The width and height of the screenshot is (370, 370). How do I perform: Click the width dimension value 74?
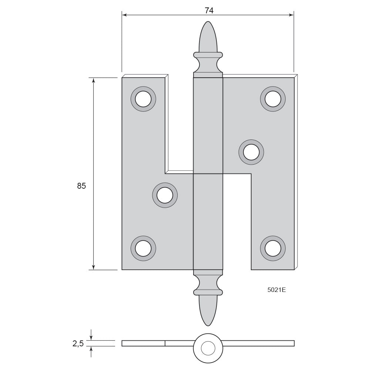coord(209,11)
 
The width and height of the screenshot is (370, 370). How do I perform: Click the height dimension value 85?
coord(81,186)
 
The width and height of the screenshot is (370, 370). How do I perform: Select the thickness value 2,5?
coord(78,344)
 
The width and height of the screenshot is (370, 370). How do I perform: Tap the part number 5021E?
coord(276,290)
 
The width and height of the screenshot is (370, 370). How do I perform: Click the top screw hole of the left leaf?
coord(143,99)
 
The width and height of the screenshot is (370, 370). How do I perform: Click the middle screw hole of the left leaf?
coord(165,195)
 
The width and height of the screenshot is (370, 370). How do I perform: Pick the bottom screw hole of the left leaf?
coord(143,248)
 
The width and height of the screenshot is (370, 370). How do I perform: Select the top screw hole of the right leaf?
coord(273,99)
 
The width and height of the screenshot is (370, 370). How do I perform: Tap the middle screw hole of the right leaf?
coord(251,152)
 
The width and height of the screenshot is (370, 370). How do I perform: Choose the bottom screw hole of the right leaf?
coord(273,248)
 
